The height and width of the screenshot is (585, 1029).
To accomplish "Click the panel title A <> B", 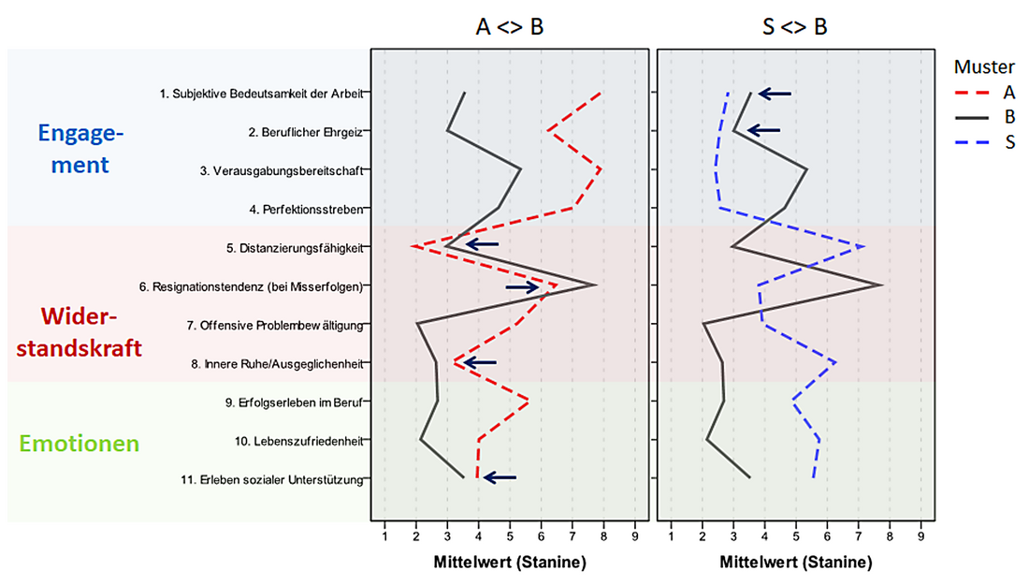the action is coord(510,27).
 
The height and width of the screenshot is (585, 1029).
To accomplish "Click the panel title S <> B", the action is coord(795,27).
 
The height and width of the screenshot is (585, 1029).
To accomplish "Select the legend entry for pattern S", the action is coord(985,142).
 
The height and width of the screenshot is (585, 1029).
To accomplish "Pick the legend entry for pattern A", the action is coord(985,92).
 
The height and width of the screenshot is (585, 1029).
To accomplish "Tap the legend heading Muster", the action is coord(984,67).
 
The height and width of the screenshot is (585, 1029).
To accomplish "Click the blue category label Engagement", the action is coord(80,149).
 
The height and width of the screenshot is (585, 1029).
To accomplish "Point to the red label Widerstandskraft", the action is coord(79,332).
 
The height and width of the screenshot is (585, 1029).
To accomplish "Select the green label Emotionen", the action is coord(79,443).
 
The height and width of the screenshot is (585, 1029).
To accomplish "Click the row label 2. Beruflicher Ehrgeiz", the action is coord(305,133).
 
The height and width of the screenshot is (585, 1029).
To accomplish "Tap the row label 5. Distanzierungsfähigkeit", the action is coord(295,248).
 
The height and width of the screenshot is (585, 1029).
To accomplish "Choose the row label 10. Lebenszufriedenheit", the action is coord(298,441).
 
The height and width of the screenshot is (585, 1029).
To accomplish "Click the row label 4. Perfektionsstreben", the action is coord(306,210).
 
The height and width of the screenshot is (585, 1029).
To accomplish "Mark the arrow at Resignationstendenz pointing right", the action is coord(522,287).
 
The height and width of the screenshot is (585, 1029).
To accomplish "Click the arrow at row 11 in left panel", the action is coord(500,478).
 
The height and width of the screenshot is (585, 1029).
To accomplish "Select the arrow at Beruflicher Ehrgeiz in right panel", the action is coord(764,131).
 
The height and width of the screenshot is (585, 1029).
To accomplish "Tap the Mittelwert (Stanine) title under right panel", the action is coord(796,562).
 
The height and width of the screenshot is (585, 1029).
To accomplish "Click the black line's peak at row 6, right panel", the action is coord(882,285).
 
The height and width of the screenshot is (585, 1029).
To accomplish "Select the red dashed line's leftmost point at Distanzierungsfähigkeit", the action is coord(413,247).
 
